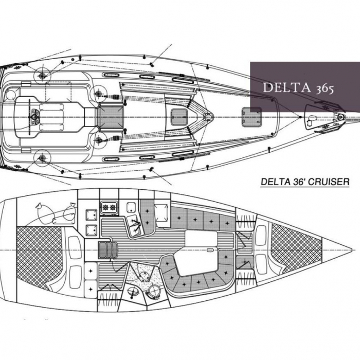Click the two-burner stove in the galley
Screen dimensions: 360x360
click(x=109, y=208)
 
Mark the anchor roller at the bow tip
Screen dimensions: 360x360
click(x=341, y=117)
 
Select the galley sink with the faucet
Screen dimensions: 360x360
click(x=134, y=224)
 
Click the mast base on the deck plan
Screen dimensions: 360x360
click(x=208, y=117)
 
